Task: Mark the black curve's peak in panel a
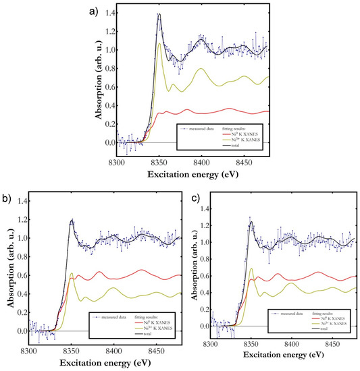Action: tap(159, 13)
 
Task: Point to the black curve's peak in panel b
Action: tap(71, 220)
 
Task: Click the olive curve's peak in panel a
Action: tap(159, 44)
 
